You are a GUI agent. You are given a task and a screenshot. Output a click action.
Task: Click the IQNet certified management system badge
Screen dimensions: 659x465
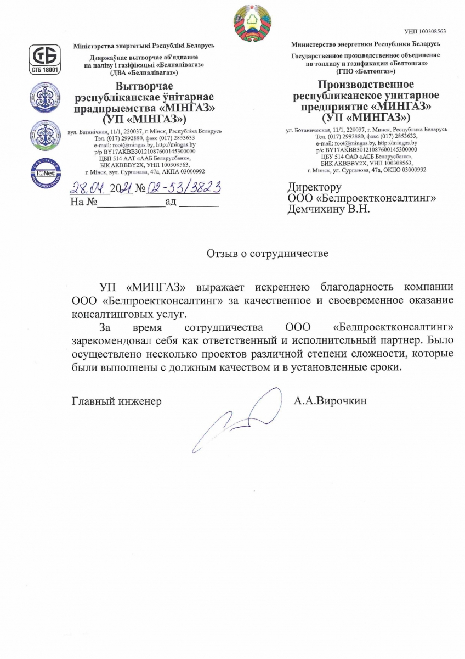46,172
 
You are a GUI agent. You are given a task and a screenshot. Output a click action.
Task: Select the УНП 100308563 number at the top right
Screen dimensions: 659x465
424,31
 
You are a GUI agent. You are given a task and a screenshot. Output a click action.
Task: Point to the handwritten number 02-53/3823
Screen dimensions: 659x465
185,188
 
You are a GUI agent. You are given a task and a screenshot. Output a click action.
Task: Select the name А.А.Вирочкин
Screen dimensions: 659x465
330,401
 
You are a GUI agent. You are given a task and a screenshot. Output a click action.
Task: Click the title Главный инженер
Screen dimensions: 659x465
117,401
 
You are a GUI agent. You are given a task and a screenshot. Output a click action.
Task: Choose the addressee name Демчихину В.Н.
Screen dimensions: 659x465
329,209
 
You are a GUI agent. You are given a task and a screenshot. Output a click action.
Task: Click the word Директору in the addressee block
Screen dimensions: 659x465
314,187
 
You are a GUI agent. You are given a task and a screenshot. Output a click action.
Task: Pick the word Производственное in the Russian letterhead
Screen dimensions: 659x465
366,85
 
